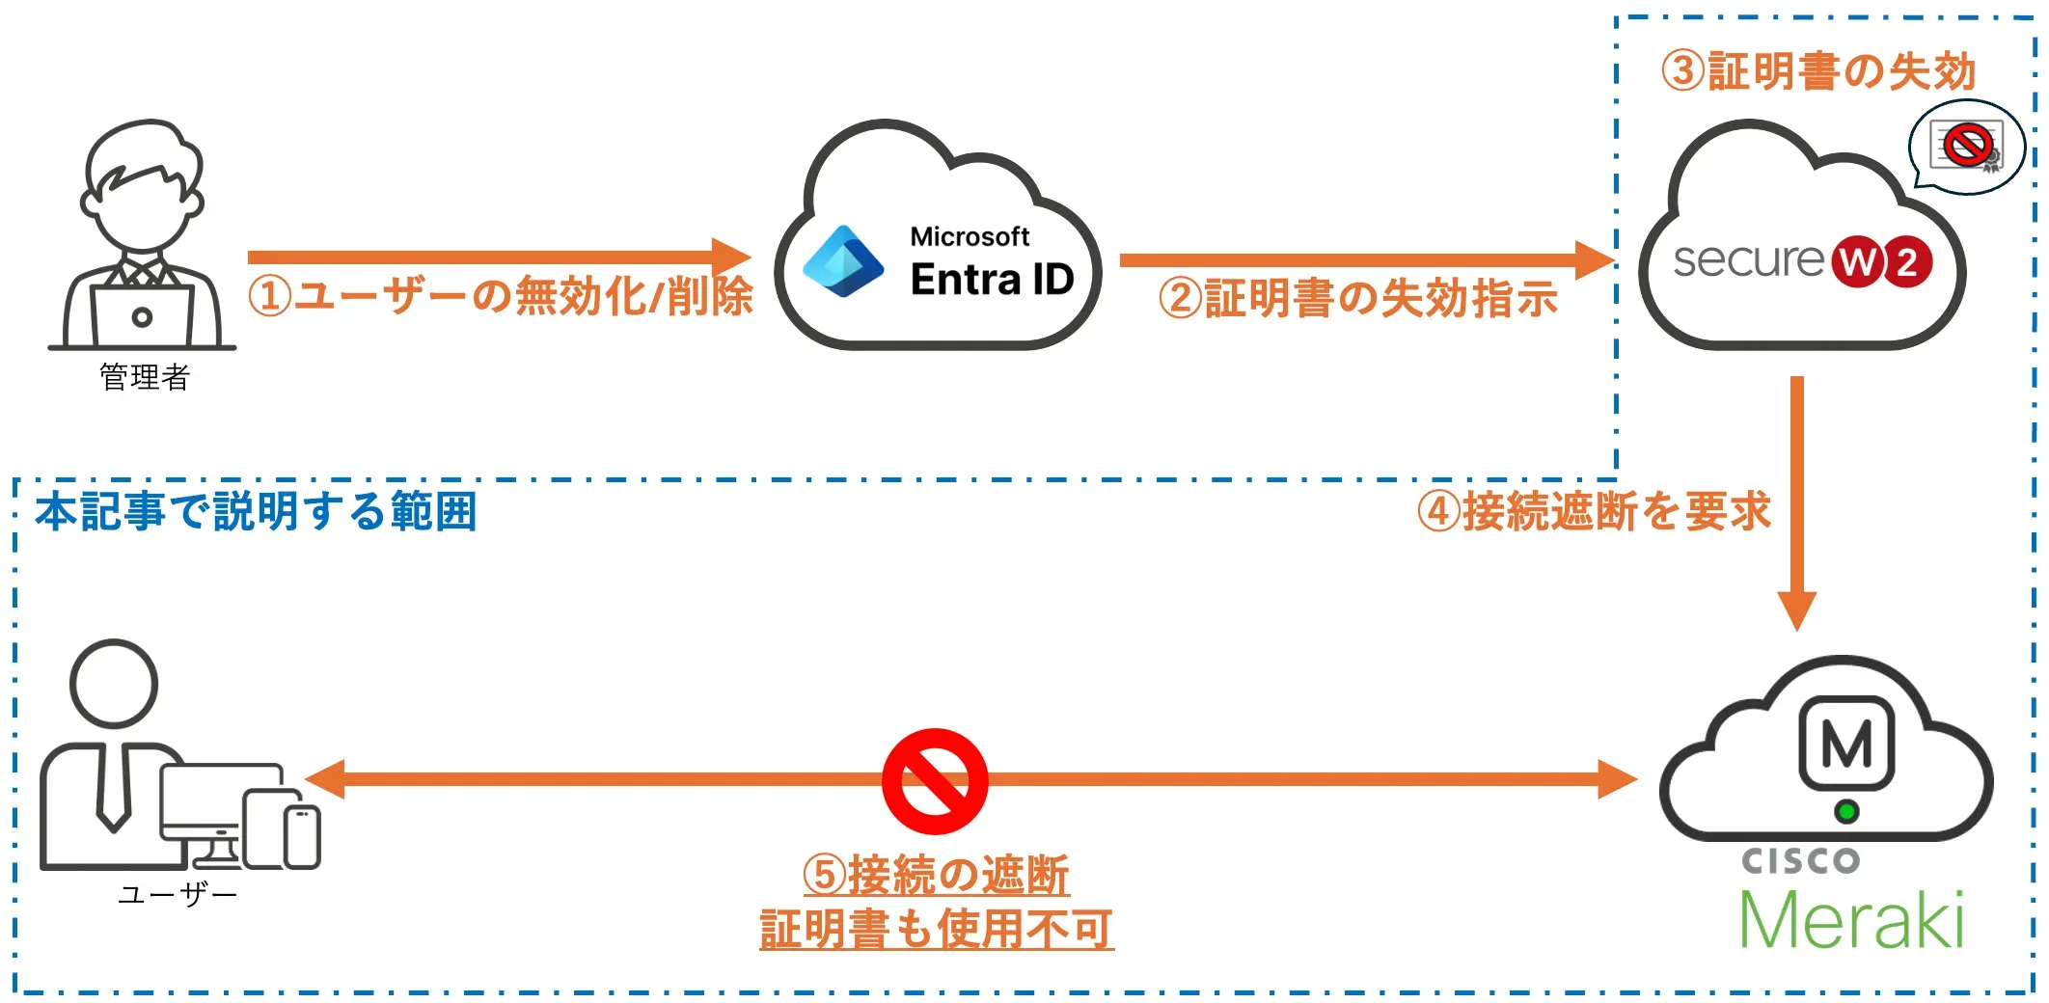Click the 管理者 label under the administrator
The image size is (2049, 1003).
click(145, 377)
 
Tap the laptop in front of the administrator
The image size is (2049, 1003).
click(142, 314)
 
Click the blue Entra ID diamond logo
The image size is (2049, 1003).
click(843, 261)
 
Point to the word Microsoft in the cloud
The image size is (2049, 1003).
click(970, 236)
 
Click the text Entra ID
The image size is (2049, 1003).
click(992, 280)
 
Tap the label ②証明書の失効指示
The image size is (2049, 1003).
click(1358, 299)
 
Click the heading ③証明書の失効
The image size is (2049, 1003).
click(1818, 71)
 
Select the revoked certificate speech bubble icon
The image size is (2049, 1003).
click(1967, 148)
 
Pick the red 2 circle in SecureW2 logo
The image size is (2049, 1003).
click(1908, 261)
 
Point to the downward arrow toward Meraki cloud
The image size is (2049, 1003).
click(1796, 501)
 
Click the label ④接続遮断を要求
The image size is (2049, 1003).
click(1594, 511)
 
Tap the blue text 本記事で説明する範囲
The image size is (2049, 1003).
click(257, 511)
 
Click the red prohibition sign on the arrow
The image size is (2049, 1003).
click(934, 781)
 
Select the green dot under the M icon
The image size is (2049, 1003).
click(1846, 812)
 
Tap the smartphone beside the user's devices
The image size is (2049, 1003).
click(302, 836)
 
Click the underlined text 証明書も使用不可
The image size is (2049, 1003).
click(936, 930)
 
